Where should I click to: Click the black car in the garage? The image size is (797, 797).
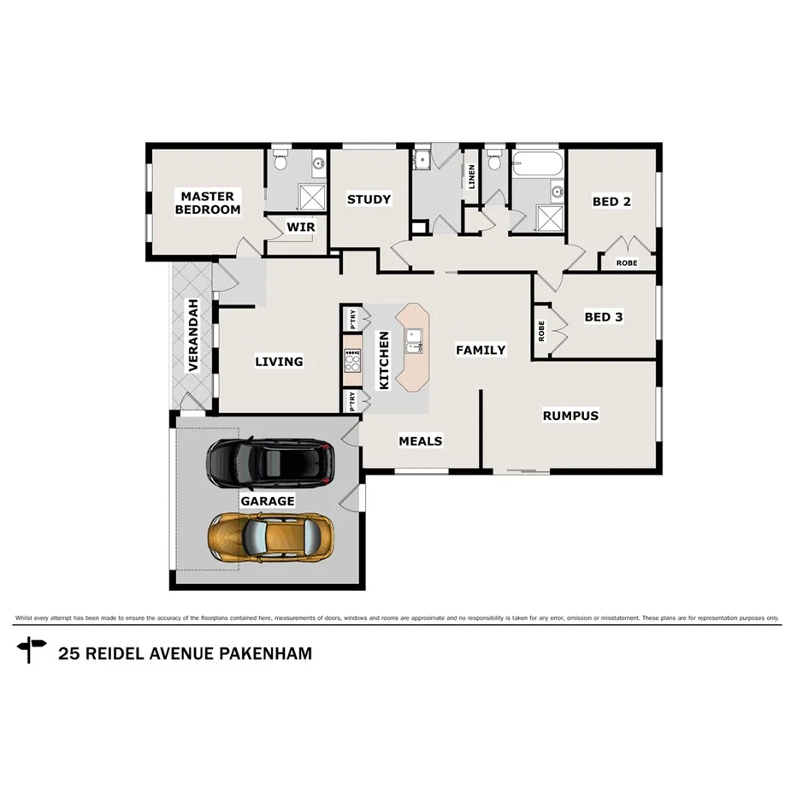[271, 462]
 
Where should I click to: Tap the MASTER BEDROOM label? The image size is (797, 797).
[208, 203]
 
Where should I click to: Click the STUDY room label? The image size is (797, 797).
[369, 199]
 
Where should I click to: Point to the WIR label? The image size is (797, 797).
[299, 227]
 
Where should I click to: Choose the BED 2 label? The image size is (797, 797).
[611, 202]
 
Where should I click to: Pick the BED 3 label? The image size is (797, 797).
[603, 317]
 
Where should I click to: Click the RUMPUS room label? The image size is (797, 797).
[570, 416]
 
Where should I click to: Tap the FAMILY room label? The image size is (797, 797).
[480, 350]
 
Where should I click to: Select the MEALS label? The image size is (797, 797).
[421, 440]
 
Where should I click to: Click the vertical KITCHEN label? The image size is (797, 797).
[384, 361]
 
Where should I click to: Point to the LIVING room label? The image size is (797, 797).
[279, 361]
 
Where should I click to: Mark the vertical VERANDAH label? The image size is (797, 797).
[193, 335]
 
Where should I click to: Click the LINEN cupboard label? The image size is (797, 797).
[471, 177]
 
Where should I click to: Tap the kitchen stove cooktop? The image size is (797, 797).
[351, 360]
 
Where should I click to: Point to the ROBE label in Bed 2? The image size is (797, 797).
[626, 263]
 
